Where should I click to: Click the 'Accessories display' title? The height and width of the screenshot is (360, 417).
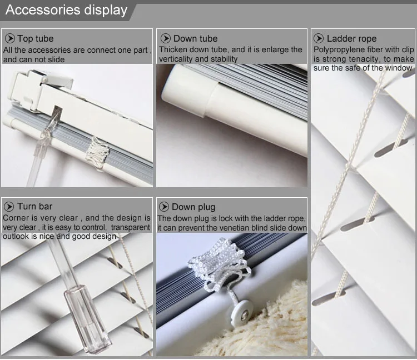coord(66,10)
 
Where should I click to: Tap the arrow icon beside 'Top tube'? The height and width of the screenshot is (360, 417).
coord(10,38)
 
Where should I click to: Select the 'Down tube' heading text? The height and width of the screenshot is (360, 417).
coord(196,38)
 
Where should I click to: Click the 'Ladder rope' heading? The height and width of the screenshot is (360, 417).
coord(351,38)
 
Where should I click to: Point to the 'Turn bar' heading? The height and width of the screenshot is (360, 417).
coord(35,207)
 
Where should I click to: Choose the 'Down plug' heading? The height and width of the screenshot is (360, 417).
coord(193,207)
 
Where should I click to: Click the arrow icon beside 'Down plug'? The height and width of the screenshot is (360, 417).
coord(164,207)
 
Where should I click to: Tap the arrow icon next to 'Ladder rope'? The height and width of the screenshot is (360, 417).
coord(319,38)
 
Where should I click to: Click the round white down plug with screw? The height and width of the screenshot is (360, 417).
coord(241,312)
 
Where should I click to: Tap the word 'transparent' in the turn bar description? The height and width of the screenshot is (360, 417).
coord(131,227)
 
